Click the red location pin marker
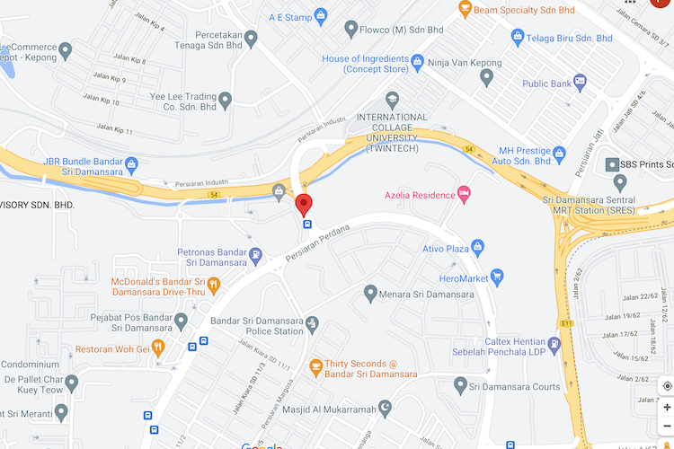305,204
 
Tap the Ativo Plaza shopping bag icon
477,246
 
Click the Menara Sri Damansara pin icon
370,293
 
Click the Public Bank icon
580,83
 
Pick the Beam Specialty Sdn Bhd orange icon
465,9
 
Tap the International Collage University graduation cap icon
392,99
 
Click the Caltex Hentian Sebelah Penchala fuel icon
554,344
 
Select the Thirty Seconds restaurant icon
315,366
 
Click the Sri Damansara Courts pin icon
461,387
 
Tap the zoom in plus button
666,407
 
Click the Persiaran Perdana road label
315,245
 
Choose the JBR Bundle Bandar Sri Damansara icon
132,163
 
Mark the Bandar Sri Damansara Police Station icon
311,323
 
